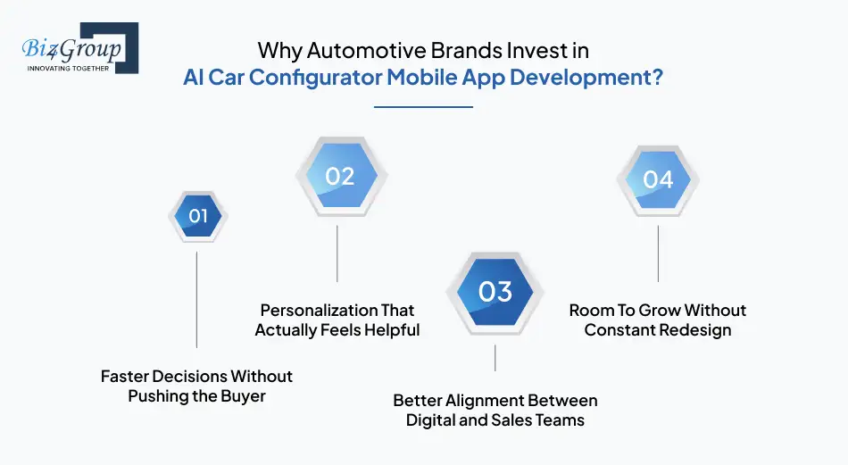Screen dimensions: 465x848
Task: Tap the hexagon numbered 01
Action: point(197,216)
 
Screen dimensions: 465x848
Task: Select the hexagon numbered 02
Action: point(339,176)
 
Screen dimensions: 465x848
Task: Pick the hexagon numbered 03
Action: point(495,292)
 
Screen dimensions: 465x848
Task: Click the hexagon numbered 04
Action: point(658,179)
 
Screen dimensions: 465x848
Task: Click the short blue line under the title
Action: point(423,107)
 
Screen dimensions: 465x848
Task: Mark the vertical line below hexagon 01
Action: point(197,299)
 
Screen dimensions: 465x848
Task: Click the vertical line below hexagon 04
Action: point(658,253)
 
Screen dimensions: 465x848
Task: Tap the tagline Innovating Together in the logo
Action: point(68,67)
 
